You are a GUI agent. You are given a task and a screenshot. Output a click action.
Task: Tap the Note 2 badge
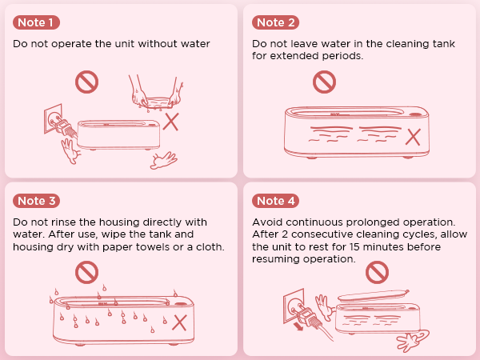coord(277,22)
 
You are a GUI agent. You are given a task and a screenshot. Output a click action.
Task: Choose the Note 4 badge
coord(277,200)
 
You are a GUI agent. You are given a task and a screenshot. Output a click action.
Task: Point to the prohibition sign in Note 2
coord(323,80)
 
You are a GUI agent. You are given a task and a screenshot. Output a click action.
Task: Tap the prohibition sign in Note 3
coord(86,272)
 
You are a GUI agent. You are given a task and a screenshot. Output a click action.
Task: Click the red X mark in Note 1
coord(171,121)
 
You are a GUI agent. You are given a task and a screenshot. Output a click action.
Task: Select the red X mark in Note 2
coord(413,135)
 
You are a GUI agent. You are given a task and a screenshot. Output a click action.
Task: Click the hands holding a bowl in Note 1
coord(154,94)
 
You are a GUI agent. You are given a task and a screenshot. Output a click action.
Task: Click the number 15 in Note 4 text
coord(342,247)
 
